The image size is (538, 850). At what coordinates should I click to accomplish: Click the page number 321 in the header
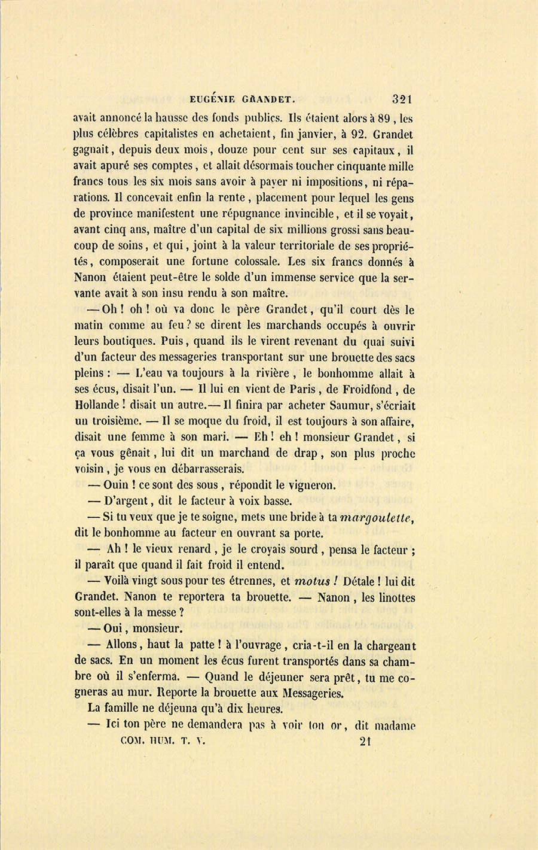tap(403, 99)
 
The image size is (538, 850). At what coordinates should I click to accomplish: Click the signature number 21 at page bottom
tap(366, 741)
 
